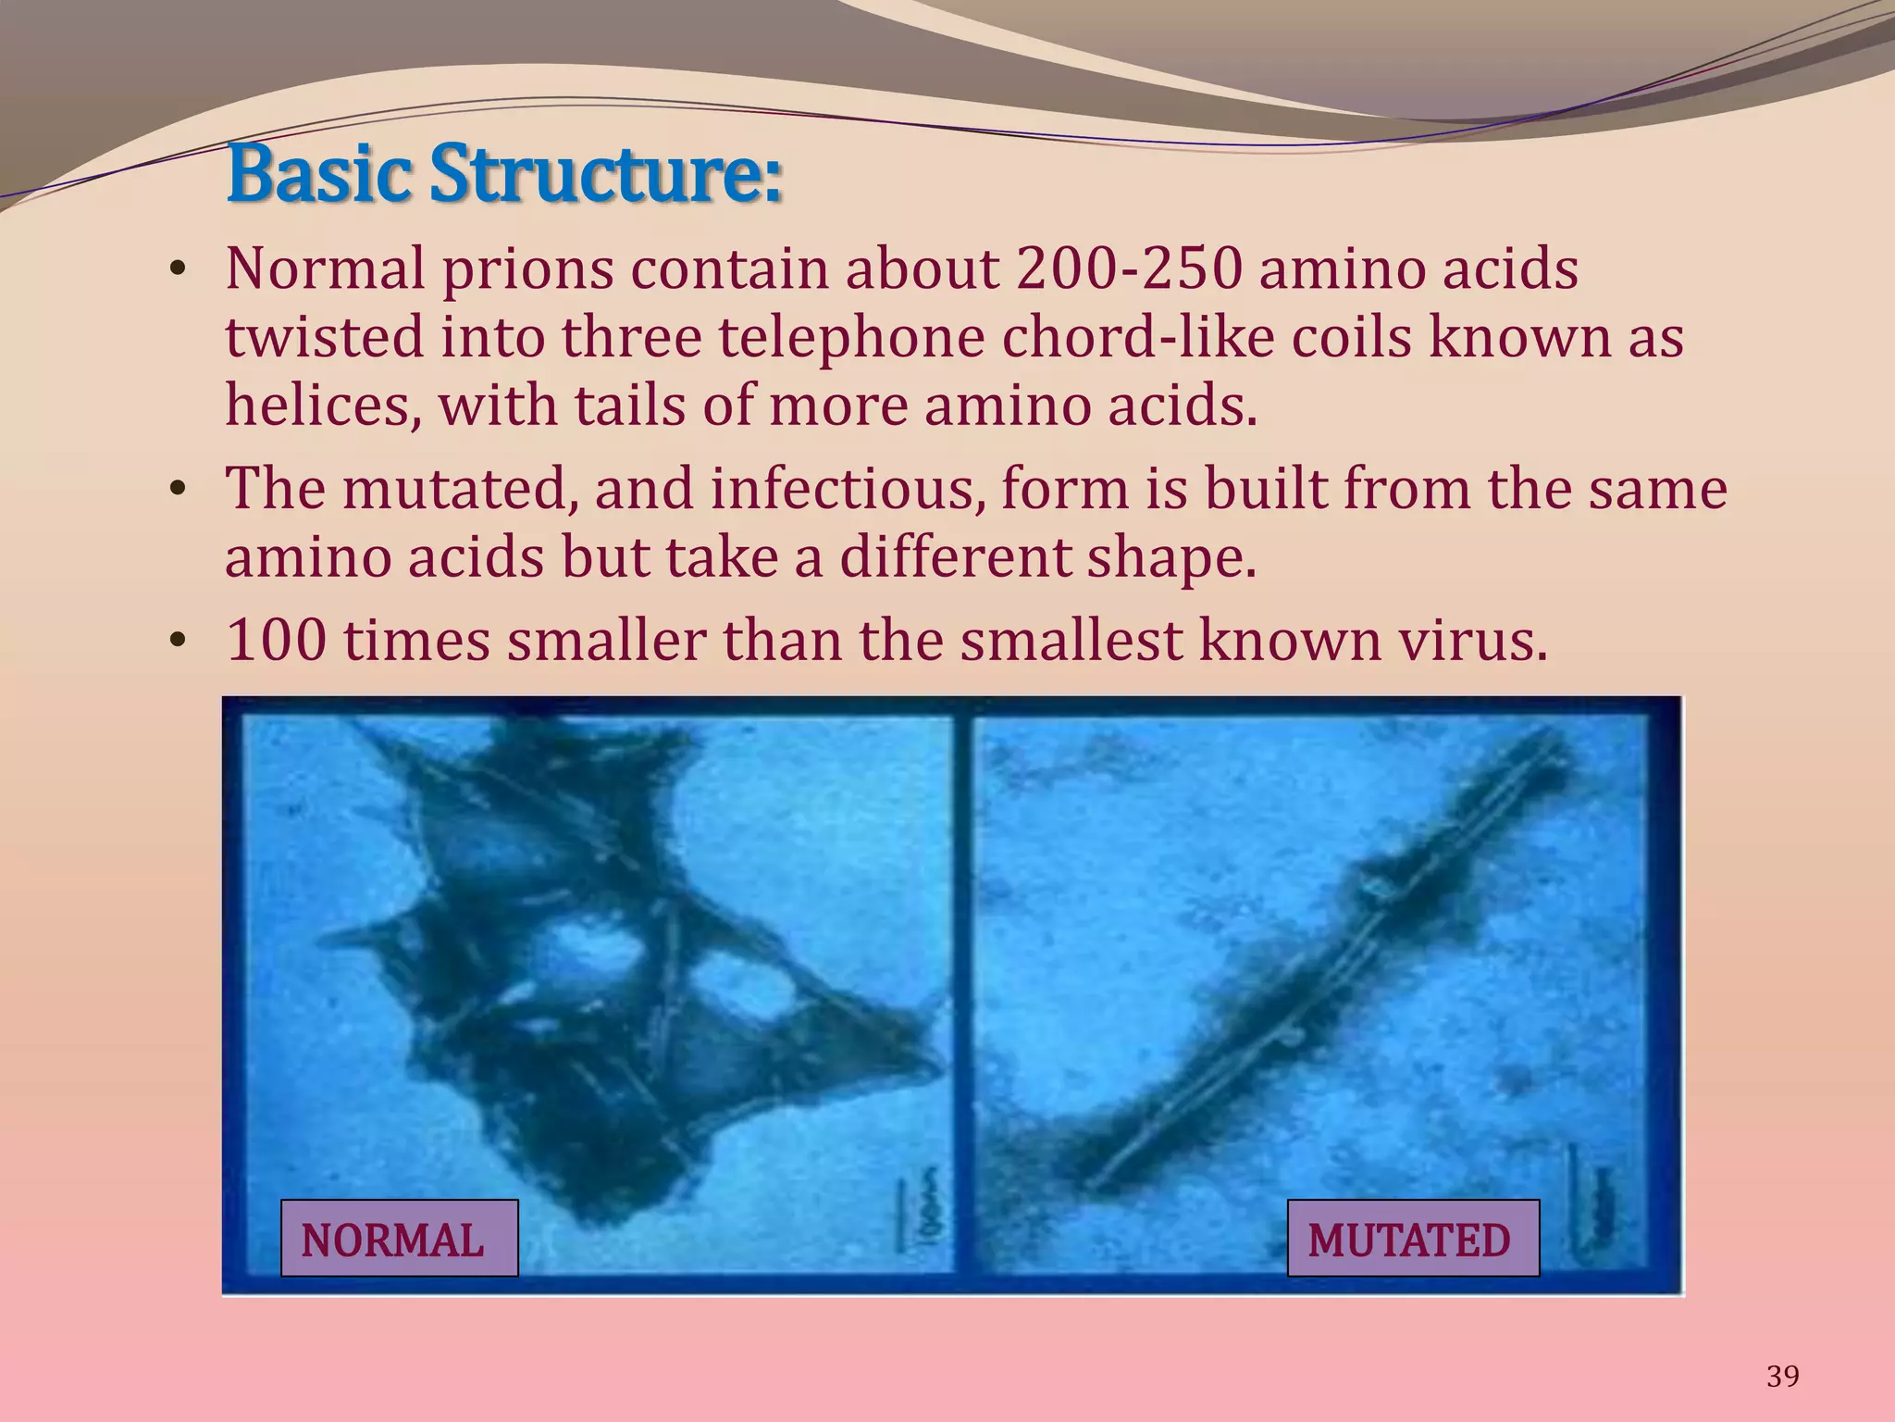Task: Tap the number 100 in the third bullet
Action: [276, 640]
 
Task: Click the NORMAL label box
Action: [399, 1239]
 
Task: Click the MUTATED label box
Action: [1413, 1239]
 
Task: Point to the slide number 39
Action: [1783, 1377]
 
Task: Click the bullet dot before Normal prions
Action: [178, 272]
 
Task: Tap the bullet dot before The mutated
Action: [178, 491]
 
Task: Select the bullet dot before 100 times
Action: [178, 642]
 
